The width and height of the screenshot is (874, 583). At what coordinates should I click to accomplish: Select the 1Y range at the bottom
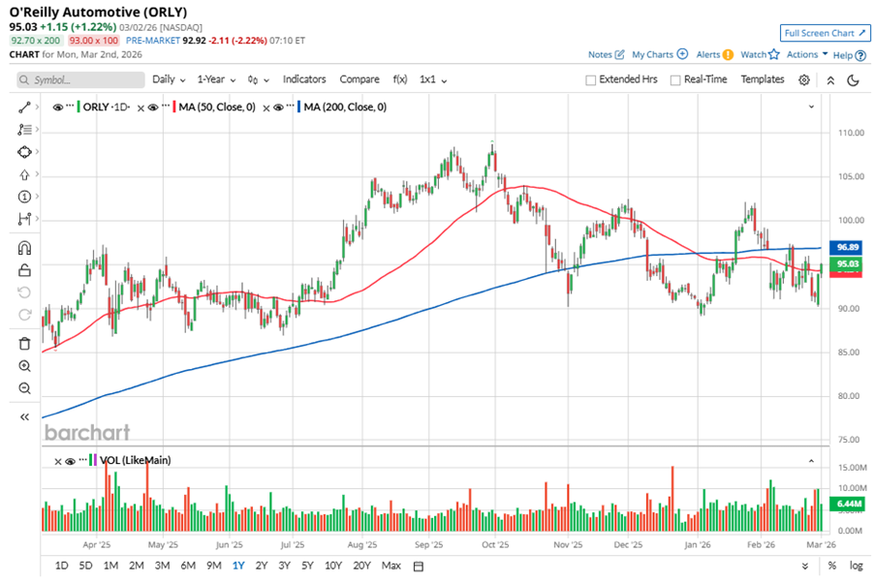[x=238, y=566]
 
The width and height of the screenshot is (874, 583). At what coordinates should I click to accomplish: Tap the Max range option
[x=391, y=566]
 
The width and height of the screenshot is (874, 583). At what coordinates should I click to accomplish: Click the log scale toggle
[x=856, y=566]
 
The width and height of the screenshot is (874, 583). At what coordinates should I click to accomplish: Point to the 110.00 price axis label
[x=851, y=133]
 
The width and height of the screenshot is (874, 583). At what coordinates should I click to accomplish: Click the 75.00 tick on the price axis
[x=849, y=440]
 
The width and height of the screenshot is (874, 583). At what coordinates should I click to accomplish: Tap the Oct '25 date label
[x=495, y=545]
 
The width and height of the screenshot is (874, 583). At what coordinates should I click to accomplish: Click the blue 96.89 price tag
[x=848, y=248]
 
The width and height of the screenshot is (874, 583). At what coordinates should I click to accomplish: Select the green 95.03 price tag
[x=848, y=263]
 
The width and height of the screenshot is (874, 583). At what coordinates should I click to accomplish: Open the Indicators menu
[x=304, y=79]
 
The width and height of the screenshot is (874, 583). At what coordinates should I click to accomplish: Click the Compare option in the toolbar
[x=359, y=79]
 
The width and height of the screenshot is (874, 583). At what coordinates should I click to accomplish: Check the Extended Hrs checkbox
[x=590, y=80]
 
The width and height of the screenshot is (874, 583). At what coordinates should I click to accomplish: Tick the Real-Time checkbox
[x=674, y=80]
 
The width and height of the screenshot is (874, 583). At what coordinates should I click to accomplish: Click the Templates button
[x=762, y=79]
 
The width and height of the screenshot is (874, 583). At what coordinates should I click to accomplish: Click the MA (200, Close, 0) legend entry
[x=344, y=107]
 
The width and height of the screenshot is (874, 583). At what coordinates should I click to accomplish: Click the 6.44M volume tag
[x=848, y=505]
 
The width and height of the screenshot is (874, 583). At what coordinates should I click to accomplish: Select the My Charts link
[x=652, y=55]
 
